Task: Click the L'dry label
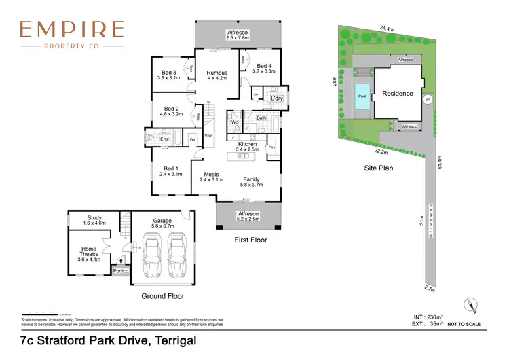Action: pos(276,98)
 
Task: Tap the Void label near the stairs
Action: pos(208,136)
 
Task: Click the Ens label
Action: pos(164,139)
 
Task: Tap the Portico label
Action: pos(121,271)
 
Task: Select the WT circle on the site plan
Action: pos(427,99)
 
